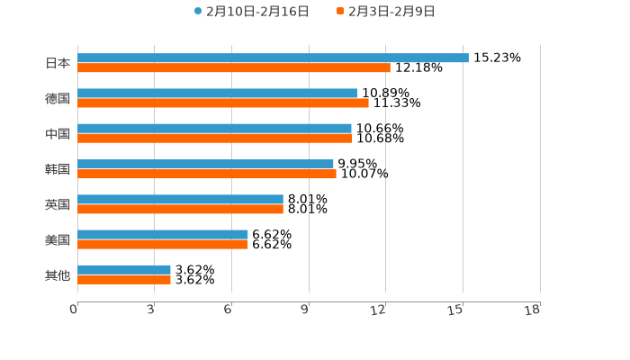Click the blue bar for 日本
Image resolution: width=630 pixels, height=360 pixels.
pyautogui.click(x=273, y=58)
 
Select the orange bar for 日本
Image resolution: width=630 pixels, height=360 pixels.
pyautogui.click(x=234, y=67)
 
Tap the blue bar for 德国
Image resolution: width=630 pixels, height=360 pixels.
pyautogui.click(x=217, y=93)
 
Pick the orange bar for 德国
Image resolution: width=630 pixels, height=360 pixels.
pyautogui.click(x=223, y=103)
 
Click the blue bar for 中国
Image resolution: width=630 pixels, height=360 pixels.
pyautogui.click(x=214, y=129)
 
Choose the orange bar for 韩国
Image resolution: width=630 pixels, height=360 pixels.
pyautogui.click(x=207, y=174)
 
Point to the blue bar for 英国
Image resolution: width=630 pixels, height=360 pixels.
pyautogui.click(x=180, y=199)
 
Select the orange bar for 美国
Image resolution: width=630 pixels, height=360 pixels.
pyautogui.click(x=163, y=244)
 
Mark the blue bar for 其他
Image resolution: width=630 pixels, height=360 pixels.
pyautogui.click(x=124, y=269)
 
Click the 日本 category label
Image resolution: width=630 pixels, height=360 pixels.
pyautogui.click(x=58, y=63)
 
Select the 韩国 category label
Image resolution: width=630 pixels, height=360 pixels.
pyautogui.click(x=58, y=169)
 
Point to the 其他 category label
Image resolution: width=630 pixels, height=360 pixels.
pyautogui.click(x=58, y=274)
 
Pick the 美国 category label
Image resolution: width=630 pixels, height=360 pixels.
pyautogui.click(x=58, y=239)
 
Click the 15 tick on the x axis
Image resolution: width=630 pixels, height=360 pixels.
pyautogui.click(x=456, y=310)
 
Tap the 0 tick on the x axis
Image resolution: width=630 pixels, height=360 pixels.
pyautogui.click(x=74, y=310)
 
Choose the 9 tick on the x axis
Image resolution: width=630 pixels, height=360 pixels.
pyautogui.click(x=305, y=310)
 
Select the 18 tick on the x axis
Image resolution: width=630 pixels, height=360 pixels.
pyautogui.click(x=533, y=310)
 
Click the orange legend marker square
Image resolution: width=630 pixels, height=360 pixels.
pyautogui.click(x=340, y=12)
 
